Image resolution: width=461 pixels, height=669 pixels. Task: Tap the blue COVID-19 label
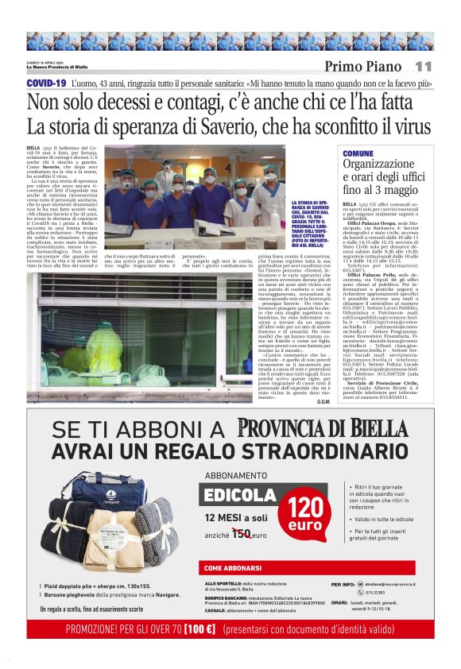45,83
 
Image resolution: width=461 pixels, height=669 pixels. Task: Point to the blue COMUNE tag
358,153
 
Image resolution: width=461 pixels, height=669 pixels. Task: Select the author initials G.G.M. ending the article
323,401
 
